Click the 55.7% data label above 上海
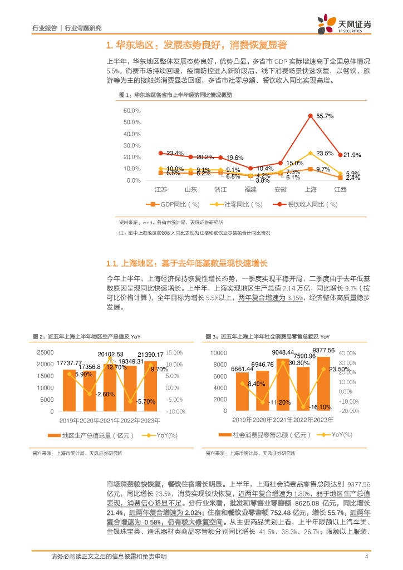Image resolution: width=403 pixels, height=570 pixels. [x=325, y=116]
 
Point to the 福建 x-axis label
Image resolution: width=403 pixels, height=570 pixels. [x=250, y=190]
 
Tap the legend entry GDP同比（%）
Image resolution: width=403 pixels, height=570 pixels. [x=174, y=204]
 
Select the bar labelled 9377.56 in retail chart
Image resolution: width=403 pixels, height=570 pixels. [x=323, y=384]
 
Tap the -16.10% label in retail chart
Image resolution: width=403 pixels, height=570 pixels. [x=320, y=407]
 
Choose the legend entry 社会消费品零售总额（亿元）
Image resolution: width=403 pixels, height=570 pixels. [x=264, y=434]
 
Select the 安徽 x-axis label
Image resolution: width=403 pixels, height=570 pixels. [x=281, y=190]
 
